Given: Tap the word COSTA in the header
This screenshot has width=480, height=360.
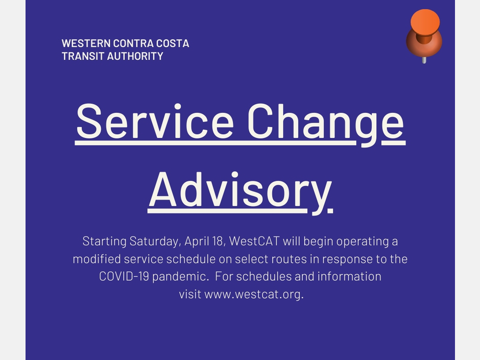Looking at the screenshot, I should [172, 43].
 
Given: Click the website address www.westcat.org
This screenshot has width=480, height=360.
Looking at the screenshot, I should [254, 295].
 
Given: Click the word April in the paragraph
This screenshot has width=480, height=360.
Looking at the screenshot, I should [196, 241].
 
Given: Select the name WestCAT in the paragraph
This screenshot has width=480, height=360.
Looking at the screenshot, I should [252, 241].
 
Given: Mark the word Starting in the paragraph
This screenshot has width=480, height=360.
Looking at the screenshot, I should [104, 241].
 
